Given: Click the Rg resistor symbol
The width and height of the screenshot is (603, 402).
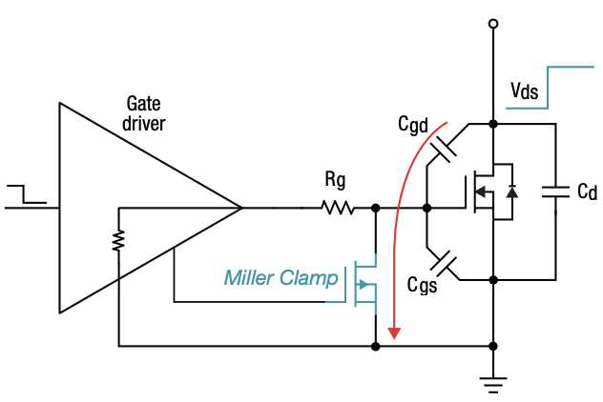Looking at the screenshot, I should (337, 208).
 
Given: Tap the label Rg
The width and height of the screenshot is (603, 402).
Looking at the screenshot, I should (336, 180).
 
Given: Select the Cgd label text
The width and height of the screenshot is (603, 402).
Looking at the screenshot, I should (413, 125).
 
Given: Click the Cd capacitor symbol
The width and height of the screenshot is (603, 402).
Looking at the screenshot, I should (555, 192).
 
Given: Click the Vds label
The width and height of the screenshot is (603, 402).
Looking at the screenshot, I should (525, 91).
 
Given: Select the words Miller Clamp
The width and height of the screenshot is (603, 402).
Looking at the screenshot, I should (281, 278).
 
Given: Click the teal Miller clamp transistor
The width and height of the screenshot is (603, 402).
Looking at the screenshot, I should (364, 283).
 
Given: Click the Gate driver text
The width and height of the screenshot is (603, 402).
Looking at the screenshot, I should (146, 112).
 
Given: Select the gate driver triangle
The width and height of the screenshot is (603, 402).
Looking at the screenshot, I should (124, 208).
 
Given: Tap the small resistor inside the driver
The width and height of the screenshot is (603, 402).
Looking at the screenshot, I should (118, 241).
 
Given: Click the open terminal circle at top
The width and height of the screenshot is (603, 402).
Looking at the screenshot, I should (492, 23).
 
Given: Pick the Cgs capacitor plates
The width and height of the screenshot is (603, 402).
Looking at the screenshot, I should (445, 259).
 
